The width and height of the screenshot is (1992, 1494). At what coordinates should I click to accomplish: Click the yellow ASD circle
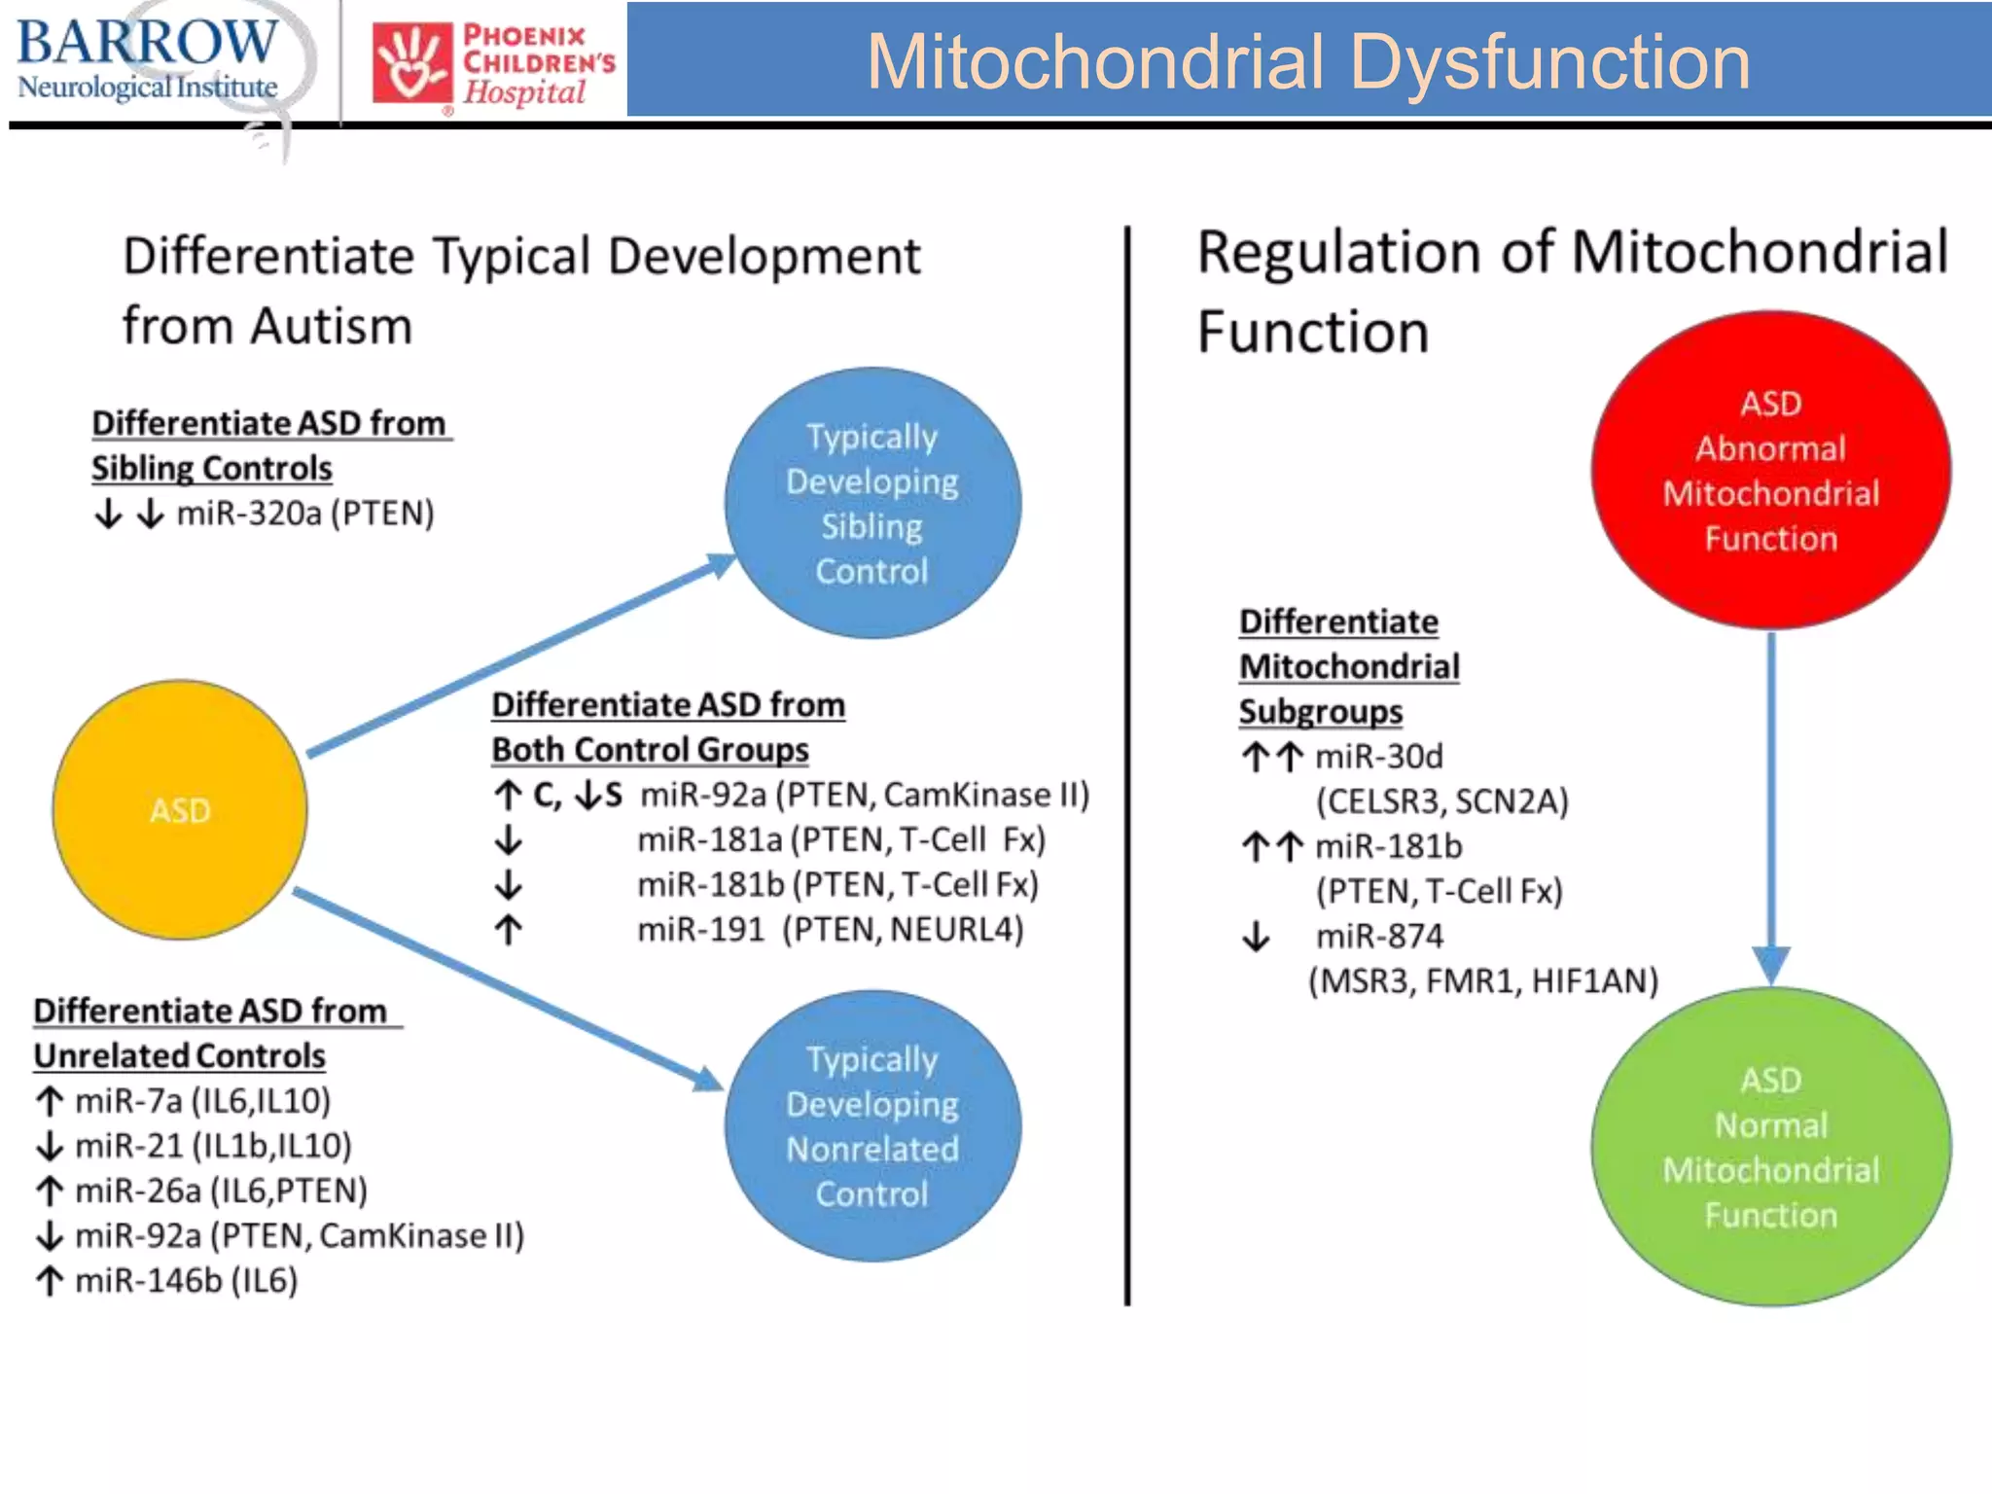(x=180, y=809)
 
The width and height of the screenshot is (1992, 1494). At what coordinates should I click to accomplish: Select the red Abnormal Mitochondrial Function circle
(x=1770, y=471)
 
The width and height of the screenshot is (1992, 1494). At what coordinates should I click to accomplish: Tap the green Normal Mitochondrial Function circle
(x=1770, y=1147)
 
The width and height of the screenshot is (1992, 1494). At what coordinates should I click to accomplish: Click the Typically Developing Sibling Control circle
(x=872, y=503)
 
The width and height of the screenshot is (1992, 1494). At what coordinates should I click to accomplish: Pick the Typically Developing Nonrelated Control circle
(x=872, y=1125)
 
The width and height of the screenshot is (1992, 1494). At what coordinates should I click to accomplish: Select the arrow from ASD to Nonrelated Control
(x=506, y=986)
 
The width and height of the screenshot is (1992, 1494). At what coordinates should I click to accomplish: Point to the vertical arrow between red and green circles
(x=1771, y=798)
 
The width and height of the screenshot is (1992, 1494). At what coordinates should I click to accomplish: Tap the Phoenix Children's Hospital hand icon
(x=412, y=62)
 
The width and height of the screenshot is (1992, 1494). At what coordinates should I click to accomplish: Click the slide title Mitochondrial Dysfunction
(x=1308, y=62)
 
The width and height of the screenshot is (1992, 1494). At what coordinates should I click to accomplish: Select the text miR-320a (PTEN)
(x=304, y=513)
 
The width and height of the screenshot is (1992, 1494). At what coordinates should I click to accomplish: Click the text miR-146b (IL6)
(x=186, y=1280)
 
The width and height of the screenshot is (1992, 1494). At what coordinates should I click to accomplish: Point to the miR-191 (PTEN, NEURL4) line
(x=830, y=930)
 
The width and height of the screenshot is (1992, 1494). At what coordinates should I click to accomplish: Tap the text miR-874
(x=1379, y=936)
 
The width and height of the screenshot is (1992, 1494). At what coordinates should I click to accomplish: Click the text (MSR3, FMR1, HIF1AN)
(x=1483, y=980)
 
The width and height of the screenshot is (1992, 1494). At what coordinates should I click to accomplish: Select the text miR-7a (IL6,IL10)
(x=202, y=1101)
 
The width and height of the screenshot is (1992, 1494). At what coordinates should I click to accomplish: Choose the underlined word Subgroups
(x=1320, y=712)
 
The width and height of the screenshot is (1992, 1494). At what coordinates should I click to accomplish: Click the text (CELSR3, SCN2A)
(x=1441, y=801)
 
